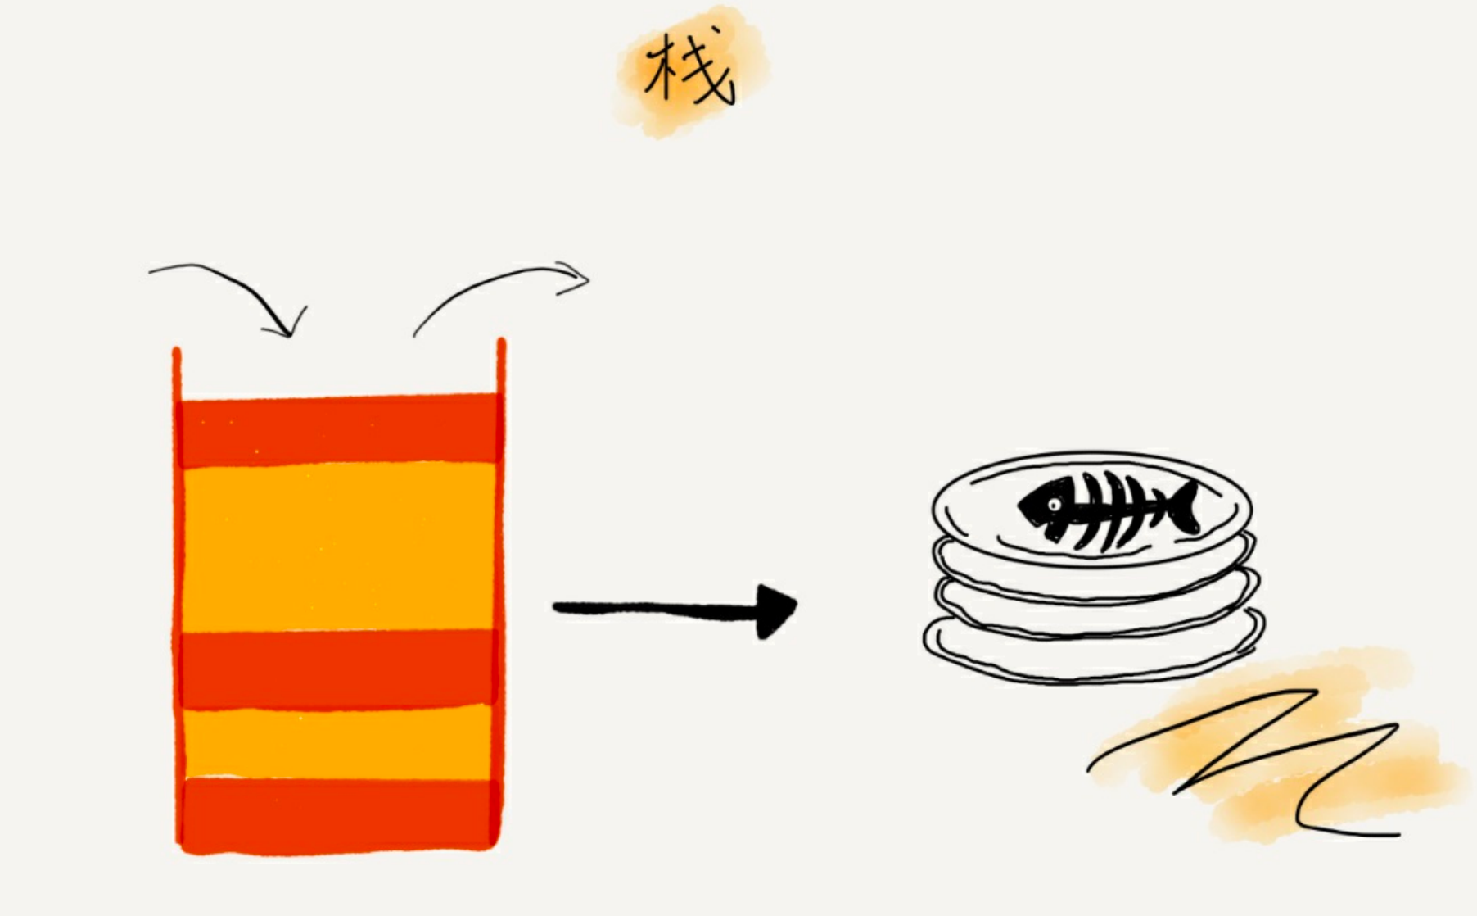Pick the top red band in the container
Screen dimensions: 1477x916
pos(338,430)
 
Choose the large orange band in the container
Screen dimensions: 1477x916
pos(338,547)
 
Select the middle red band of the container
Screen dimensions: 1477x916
pos(338,668)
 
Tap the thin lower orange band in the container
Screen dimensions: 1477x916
pos(338,741)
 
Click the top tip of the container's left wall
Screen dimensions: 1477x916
pos(176,352)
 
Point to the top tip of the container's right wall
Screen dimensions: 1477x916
pos(501,342)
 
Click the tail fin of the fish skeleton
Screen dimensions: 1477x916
pos(1184,508)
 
